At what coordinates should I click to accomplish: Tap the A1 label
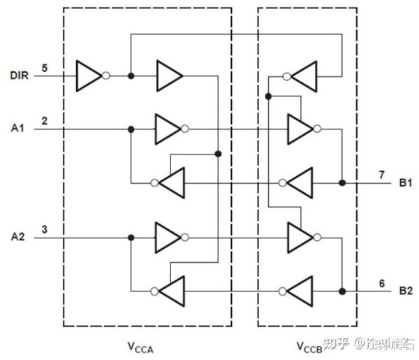coord(17,128)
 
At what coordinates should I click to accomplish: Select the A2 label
coord(17,237)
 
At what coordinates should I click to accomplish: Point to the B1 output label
coord(406,182)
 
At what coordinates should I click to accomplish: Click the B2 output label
coord(406,291)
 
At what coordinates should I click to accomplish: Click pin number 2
coord(45,122)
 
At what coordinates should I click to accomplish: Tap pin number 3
coord(45,230)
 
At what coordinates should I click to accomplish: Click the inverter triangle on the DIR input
coord(88,75)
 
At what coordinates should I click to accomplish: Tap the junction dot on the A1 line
coord(131,129)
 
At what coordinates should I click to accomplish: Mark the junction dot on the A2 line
coord(131,238)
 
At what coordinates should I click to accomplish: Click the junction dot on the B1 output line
coord(342,183)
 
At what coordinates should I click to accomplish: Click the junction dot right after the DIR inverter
coord(131,75)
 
